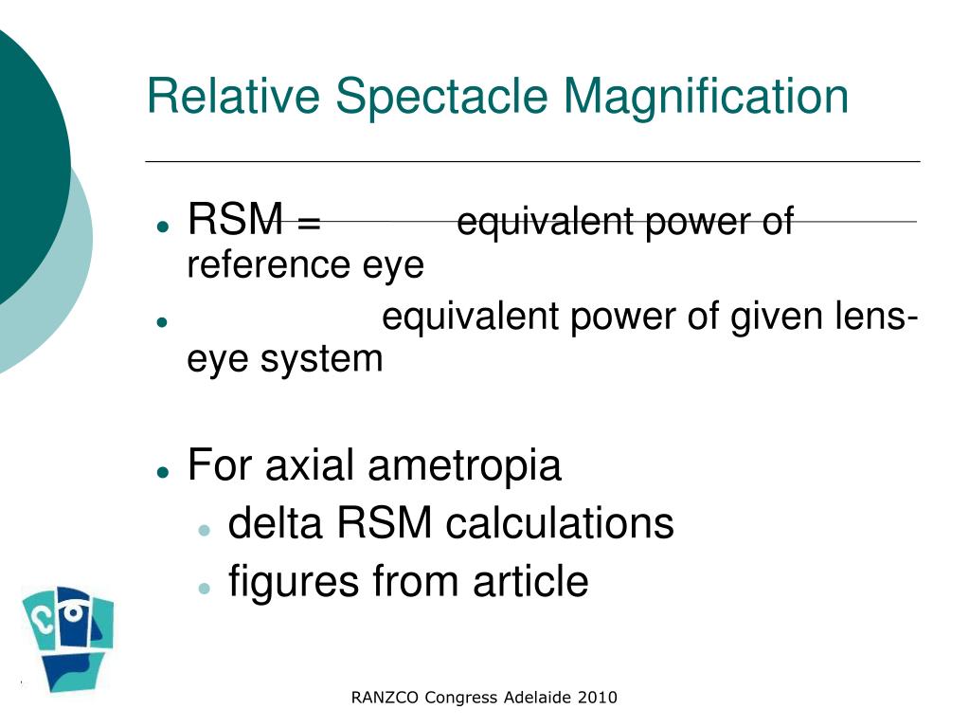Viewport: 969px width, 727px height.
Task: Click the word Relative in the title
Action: [x=233, y=97]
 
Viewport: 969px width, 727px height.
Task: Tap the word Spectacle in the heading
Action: [x=441, y=99]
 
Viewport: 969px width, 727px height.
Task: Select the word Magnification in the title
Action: [x=706, y=99]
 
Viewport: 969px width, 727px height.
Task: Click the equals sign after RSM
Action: [x=309, y=221]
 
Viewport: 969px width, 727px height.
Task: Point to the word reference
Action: [x=267, y=265]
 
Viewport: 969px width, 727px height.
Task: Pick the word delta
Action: [x=276, y=522]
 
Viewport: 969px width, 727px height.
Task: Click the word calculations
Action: [x=559, y=522]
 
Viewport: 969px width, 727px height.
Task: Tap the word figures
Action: [x=294, y=583]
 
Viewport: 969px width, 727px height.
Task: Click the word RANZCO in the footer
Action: [x=385, y=698]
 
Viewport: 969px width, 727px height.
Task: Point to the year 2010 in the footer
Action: [x=597, y=698]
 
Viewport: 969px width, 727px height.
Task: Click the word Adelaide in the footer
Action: [x=537, y=698]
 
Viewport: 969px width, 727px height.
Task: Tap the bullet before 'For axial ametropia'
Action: [x=163, y=473]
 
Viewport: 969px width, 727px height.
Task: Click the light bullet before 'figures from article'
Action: [x=204, y=588]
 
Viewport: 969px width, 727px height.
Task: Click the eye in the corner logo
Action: [x=73, y=612]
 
